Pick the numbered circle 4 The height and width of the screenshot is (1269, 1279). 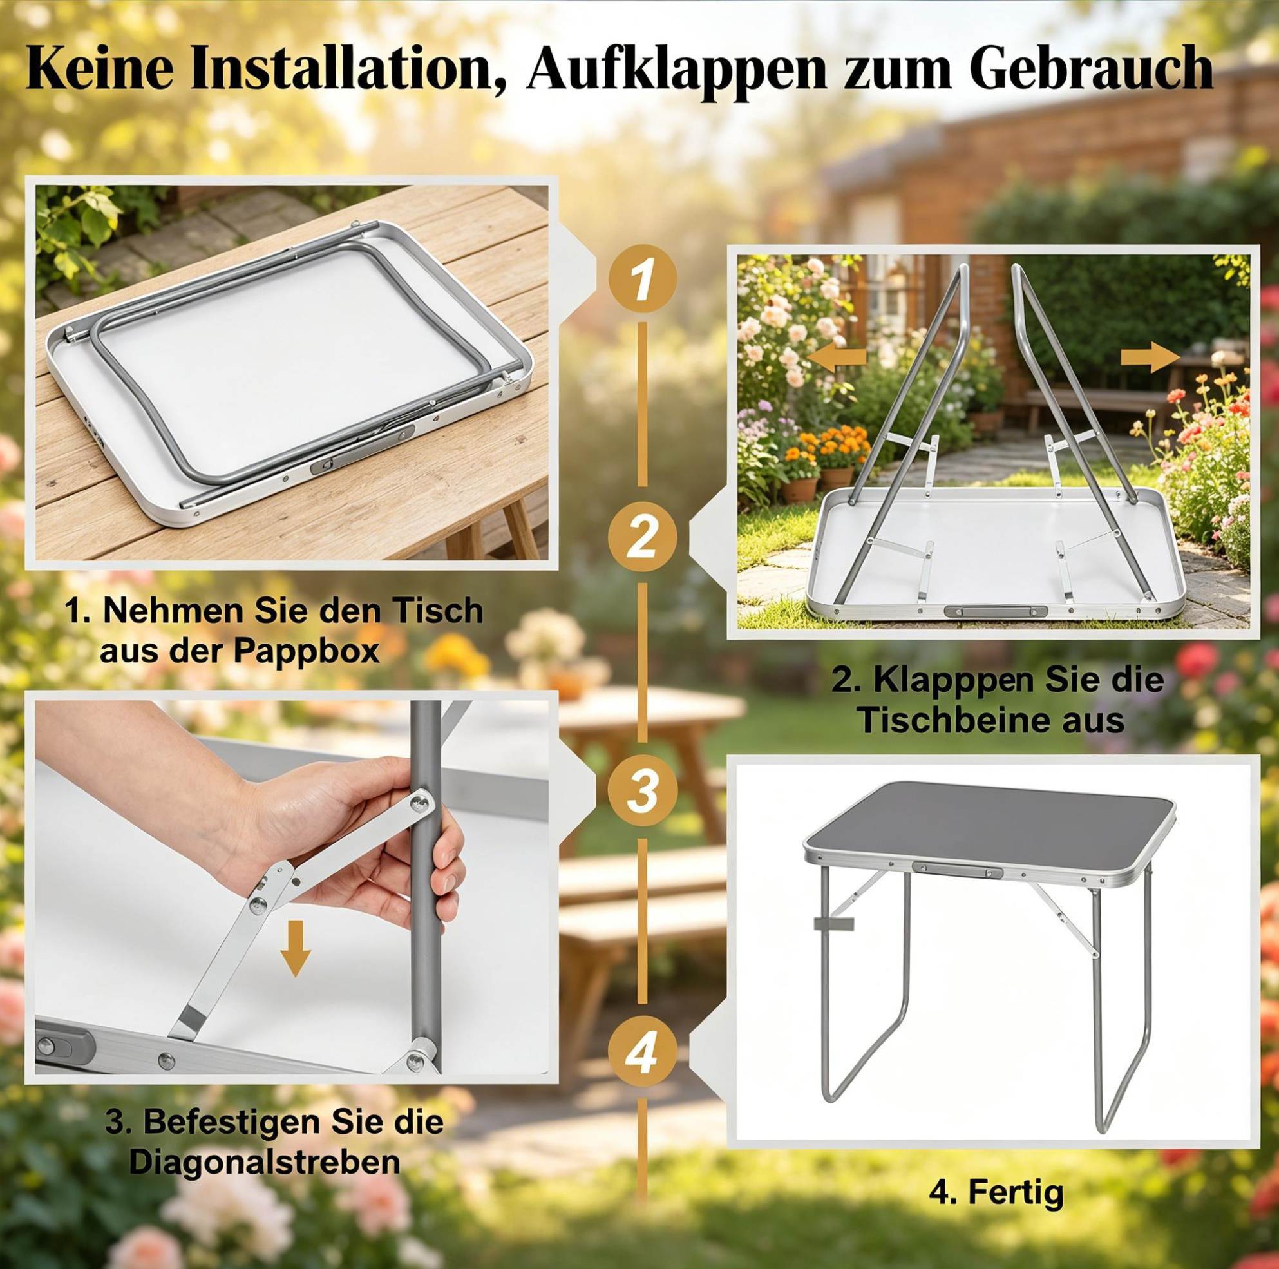tap(641, 1052)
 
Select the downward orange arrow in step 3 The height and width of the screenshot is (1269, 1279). tap(294, 948)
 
